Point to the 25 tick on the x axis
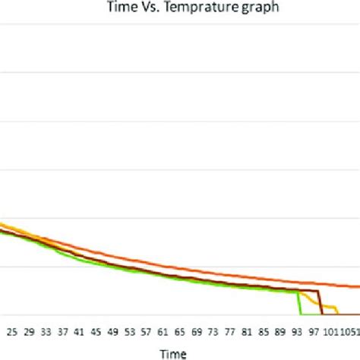[11, 332]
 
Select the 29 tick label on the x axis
[29, 332]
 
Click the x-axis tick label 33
[46, 332]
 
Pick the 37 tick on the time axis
[62, 332]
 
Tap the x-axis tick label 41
[79, 332]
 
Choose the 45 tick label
[96, 332]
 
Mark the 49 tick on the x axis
[112, 332]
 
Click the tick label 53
[129, 332]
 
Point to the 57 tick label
[146, 332]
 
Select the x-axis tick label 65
[179, 332]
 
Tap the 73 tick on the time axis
[213, 332]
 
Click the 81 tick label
[246, 332]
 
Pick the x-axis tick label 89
[279, 332]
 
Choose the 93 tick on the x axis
[296, 332]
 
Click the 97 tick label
[313, 332]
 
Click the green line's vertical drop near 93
[299, 302]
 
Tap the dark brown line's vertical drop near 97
[321, 302]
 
